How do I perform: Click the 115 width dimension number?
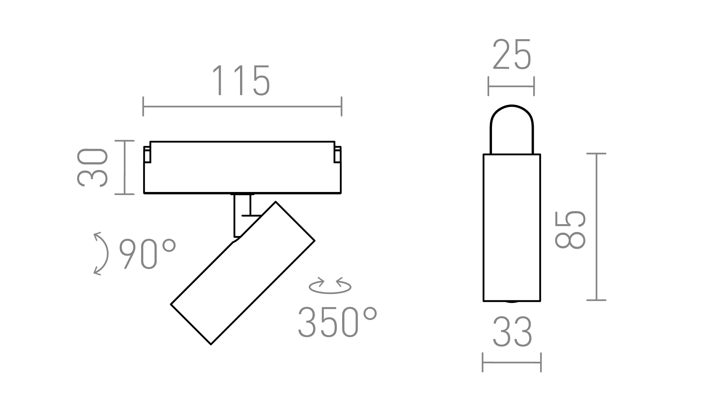coord(241,80)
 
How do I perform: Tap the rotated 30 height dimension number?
coord(92,168)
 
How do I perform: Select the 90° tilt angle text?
coord(147,253)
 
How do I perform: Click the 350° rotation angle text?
coord(337,322)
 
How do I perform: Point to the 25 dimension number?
coord(512,55)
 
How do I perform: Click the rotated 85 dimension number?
coord(570,229)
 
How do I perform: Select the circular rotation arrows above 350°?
coord(330,286)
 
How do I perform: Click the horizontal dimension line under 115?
coord(242,107)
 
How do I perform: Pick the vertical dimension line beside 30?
coord(125,168)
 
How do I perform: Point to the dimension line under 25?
coord(511,86)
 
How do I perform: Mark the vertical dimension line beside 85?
coord(597,227)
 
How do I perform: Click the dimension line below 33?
coord(512,362)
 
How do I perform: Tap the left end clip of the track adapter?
coord(147,155)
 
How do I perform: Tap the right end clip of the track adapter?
coord(337,155)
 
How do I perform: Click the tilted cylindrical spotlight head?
coord(243,273)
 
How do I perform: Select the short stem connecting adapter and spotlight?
coord(242,215)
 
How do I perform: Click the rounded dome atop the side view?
coord(512,125)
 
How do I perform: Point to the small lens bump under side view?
coord(512,302)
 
